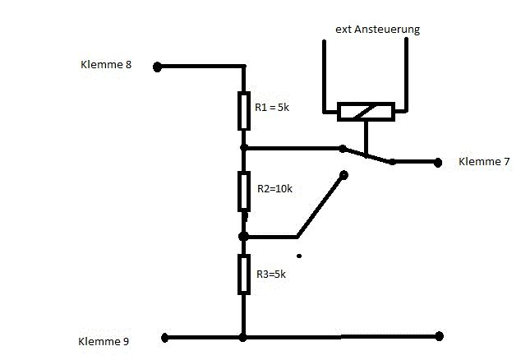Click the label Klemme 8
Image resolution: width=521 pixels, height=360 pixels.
[x=106, y=64]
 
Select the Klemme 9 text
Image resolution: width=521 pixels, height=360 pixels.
[x=103, y=340]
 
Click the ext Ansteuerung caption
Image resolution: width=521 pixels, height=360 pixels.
[x=377, y=30]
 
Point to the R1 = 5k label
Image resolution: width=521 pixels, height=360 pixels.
[x=274, y=107]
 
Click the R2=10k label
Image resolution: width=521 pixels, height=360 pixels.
[x=274, y=188]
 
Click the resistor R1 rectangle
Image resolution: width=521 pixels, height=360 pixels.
[x=243, y=111]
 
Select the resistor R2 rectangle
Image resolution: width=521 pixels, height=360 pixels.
[x=243, y=192]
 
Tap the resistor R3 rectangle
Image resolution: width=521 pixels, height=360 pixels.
[x=243, y=274]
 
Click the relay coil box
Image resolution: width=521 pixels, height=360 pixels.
[x=367, y=111]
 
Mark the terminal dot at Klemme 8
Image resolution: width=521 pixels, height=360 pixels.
[x=158, y=67]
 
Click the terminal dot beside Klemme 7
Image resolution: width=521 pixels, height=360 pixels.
[x=437, y=162]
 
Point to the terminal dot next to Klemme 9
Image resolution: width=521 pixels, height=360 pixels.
[x=164, y=337]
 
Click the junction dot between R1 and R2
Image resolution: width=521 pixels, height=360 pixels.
[x=243, y=148]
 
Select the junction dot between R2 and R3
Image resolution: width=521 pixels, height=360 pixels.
[x=243, y=236]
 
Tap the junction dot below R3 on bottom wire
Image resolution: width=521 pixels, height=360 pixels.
[x=243, y=337]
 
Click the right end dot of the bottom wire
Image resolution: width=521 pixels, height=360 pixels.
[x=440, y=336]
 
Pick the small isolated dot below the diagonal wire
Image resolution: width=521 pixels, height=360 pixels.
[x=299, y=256]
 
